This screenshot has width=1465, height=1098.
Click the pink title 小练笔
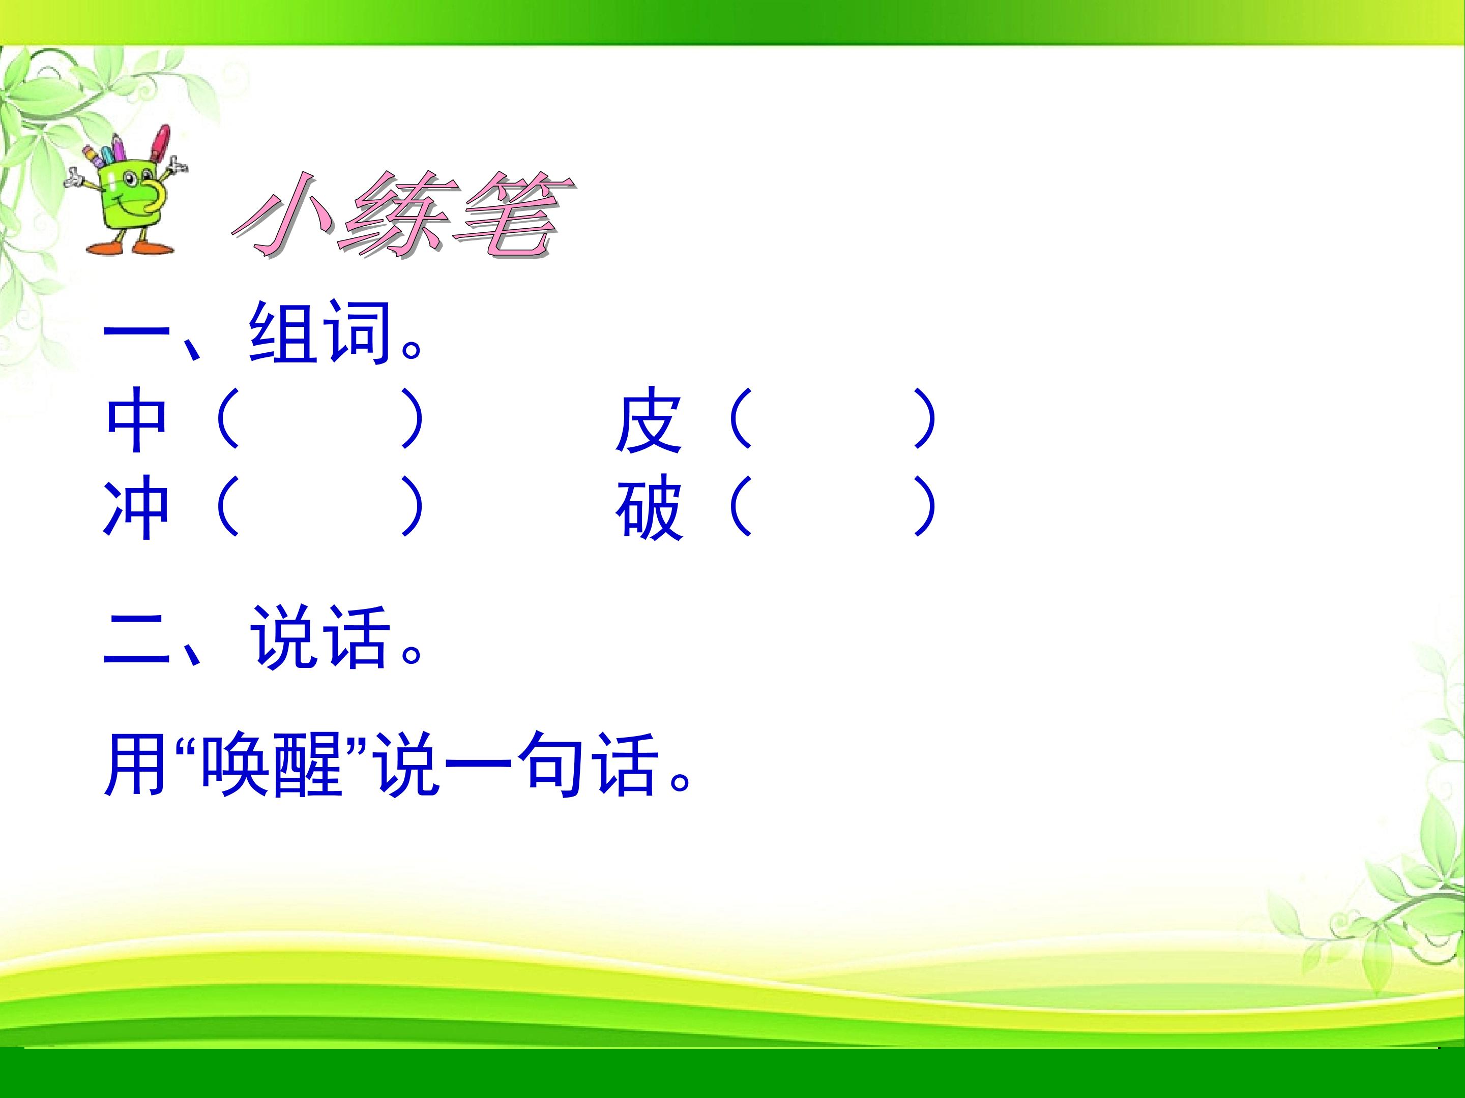(x=404, y=215)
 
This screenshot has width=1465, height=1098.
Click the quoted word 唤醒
(x=272, y=764)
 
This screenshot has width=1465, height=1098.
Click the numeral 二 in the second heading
(x=136, y=638)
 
